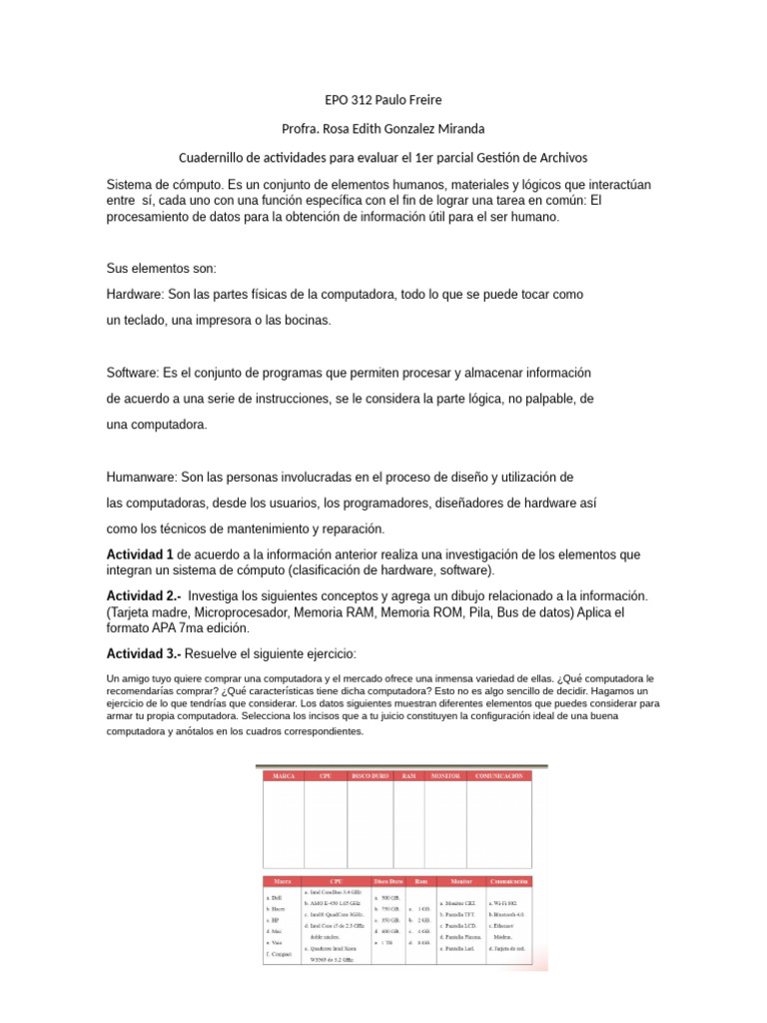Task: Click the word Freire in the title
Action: point(420,100)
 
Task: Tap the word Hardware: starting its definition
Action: point(136,296)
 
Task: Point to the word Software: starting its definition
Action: point(133,373)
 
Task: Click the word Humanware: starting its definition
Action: point(142,477)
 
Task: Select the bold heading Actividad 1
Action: point(140,554)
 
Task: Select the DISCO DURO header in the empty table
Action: point(369,775)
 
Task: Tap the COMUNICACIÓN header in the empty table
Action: point(499,775)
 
